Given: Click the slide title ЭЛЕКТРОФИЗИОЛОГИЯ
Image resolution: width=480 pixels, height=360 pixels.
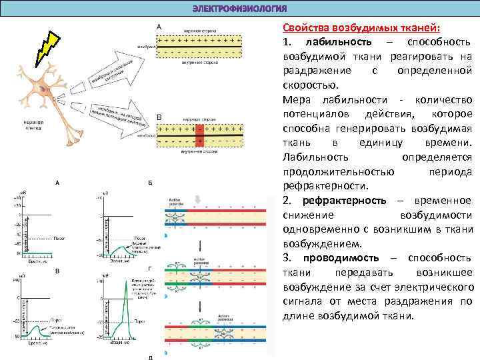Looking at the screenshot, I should pyautogui.click(x=239, y=8).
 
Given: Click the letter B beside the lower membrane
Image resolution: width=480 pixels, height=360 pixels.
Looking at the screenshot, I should pyautogui.click(x=159, y=118).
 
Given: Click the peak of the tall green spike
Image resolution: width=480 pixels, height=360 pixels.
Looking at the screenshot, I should pyautogui.click(x=127, y=279).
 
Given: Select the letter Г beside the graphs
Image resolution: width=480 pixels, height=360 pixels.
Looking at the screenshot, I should pyautogui.click(x=151, y=269).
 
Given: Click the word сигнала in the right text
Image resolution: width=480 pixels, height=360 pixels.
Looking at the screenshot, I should pyautogui.click(x=303, y=301).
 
